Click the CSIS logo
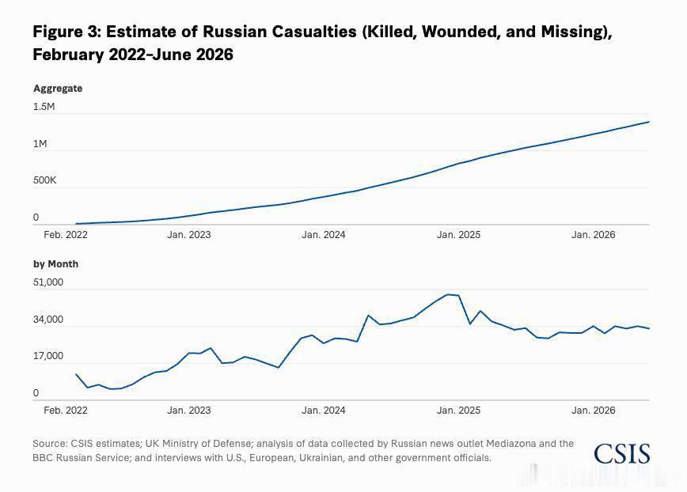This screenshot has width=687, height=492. click(x=622, y=454)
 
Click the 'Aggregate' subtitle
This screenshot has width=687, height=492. click(x=58, y=89)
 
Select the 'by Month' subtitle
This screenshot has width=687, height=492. click(x=56, y=264)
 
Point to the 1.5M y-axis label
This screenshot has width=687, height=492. click(x=44, y=107)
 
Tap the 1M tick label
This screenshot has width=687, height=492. click(x=40, y=144)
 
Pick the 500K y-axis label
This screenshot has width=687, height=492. click(x=44, y=180)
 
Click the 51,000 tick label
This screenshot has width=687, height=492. click(x=48, y=282)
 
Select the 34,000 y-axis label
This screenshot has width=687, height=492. click(x=48, y=320)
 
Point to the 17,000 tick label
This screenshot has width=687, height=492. click(x=48, y=356)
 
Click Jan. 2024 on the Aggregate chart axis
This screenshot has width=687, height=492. click(x=324, y=235)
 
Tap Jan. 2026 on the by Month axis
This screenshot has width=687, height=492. click(x=594, y=411)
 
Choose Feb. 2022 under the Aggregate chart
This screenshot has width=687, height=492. click(x=66, y=235)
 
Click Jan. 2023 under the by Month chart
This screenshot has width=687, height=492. click(x=189, y=411)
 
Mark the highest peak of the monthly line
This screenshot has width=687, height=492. click(x=447, y=294)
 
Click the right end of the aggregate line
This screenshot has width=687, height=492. click(x=649, y=122)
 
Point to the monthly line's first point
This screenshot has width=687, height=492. click(x=76, y=374)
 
